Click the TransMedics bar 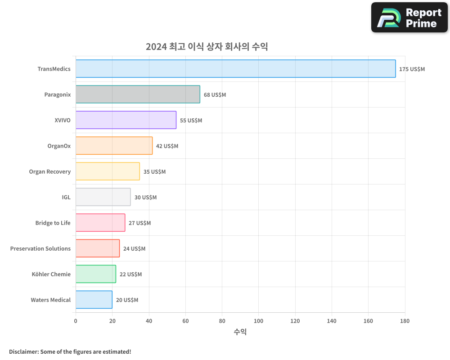coord(235,69)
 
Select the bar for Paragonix coord(138,94)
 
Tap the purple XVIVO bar coord(126,120)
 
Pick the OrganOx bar coord(114,146)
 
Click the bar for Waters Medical coord(94,300)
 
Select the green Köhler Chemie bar coord(95,274)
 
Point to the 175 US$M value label coord(412,69)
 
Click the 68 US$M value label coord(215,95)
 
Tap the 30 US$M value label coord(145,198)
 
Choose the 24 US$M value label coord(134,249)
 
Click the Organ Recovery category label coord(49,172)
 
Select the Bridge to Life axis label coord(53,223)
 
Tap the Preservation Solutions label coord(40,249)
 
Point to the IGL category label coord(66,198)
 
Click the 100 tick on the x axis coord(259,321)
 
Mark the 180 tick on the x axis coord(405,321)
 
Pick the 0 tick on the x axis coord(76,321)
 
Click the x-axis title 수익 coord(240,332)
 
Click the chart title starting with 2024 coord(207,46)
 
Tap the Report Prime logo coord(409,18)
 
